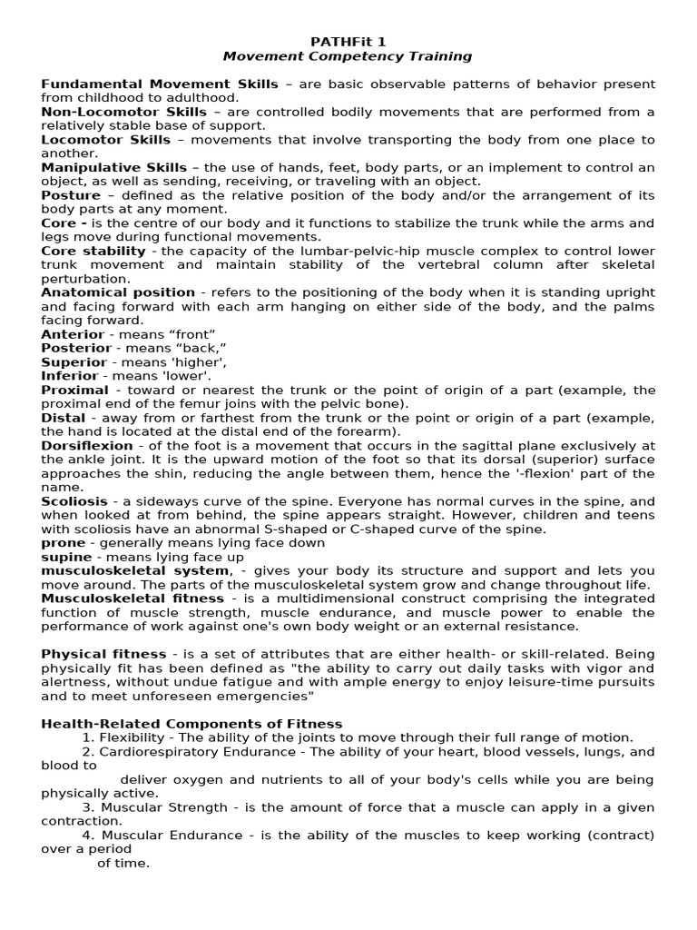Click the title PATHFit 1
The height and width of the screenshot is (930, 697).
click(348, 42)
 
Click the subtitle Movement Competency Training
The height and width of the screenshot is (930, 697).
click(348, 56)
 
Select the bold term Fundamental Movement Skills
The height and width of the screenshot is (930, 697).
click(160, 84)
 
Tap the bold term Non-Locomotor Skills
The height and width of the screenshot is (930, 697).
click(124, 112)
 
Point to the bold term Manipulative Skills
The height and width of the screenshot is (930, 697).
click(114, 167)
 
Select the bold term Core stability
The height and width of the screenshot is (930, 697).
click(93, 251)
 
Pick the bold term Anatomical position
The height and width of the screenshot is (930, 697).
click(118, 292)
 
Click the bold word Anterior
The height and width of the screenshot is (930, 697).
click(73, 334)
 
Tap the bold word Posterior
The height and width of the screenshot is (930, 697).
click(76, 348)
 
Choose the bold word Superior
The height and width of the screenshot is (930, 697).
click(74, 362)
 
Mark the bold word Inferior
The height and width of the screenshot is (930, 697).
click(69, 376)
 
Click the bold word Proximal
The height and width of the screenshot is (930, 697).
click(74, 390)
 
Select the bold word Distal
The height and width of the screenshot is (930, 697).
click(63, 418)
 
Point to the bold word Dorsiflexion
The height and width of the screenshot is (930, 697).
click(86, 446)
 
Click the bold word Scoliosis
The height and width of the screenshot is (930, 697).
click(74, 501)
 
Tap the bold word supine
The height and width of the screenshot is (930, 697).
click(66, 557)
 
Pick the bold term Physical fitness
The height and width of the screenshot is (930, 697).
click(103, 654)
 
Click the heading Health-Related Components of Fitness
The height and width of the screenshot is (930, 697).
click(191, 724)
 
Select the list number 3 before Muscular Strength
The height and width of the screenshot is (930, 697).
click(87, 807)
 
